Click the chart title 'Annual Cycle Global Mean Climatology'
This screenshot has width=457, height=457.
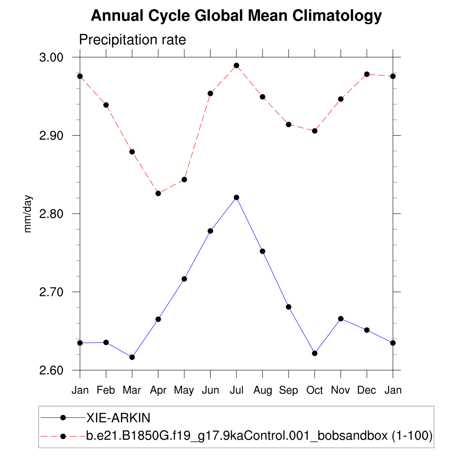[236, 16]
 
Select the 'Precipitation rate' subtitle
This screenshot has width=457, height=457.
[132, 40]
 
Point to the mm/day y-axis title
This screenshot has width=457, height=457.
[28, 214]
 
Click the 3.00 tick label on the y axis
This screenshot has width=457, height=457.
[52, 58]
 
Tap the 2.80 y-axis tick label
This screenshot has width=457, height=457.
[52, 214]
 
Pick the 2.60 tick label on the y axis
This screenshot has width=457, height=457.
[52, 370]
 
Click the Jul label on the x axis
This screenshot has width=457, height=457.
[237, 390]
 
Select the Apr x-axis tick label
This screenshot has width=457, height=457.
[158, 391]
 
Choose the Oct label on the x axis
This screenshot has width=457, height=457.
[315, 390]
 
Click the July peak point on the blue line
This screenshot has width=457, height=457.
[237, 197]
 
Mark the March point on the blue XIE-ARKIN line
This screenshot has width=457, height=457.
[132, 357]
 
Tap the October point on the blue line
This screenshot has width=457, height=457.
[315, 353]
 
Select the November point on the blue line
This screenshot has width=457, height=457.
[341, 319]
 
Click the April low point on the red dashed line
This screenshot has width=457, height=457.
[158, 193]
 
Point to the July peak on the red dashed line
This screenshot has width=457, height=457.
[237, 66]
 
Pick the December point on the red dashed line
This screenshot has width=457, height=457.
[367, 74]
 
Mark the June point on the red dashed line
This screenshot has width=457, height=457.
[210, 93]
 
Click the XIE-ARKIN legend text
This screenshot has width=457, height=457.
[118, 418]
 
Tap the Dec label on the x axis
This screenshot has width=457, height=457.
[367, 390]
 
